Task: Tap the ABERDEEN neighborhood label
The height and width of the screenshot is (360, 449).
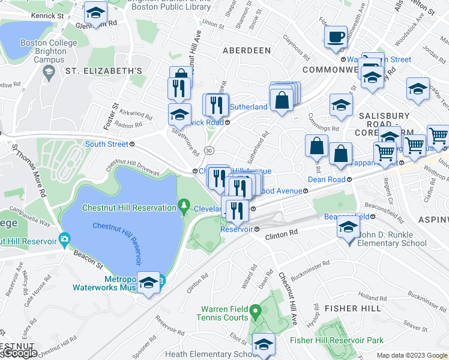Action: [x=247, y=51]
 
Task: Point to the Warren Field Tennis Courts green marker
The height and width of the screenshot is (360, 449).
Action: [x=255, y=311]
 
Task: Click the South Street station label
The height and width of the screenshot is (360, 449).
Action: [x=106, y=144]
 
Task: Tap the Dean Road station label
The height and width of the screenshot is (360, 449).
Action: [x=327, y=179]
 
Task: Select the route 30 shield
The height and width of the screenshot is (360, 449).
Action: [x=208, y=149]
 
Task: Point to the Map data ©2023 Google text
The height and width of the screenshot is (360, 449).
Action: [x=411, y=355]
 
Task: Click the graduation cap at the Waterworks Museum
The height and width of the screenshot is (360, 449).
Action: [x=148, y=283]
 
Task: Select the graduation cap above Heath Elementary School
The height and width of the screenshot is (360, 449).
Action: [x=263, y=344]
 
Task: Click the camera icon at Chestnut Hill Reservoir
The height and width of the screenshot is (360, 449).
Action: [x=64, y=240]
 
